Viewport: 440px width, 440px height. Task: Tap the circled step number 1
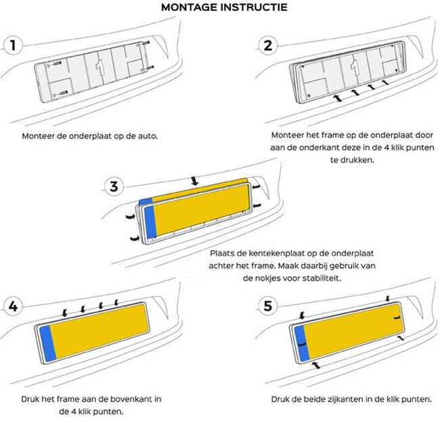12,46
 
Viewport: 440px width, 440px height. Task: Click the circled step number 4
12,305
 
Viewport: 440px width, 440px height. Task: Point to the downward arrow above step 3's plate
194,181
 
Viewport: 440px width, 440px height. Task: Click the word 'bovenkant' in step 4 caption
121,399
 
